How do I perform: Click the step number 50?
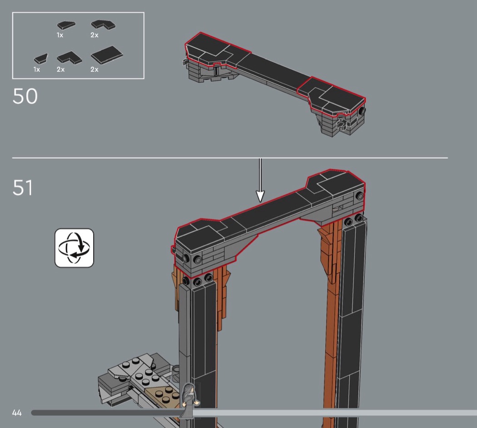click(x=25, y=96)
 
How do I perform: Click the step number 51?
click(x=23, y=187)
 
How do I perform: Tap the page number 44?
click(x=17, y=413)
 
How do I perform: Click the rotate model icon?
click(x=74, y=248)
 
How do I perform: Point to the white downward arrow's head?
click(x=260, y=196)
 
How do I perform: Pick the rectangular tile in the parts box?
click(x=107, y=55)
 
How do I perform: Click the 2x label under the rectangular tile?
click(x=94, y=70)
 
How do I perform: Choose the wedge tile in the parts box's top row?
click(x=66, y=25)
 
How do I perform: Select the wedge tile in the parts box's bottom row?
click(x=41, y=59)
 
